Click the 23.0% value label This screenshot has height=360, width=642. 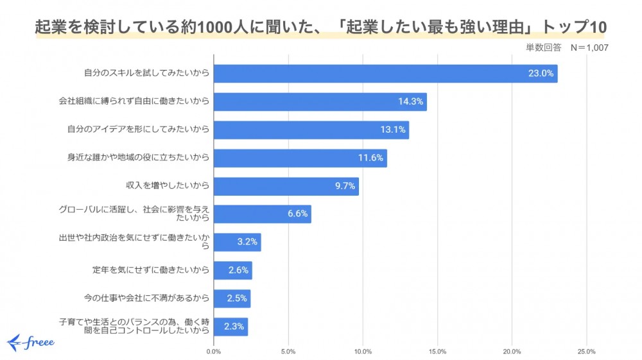coord(541,74)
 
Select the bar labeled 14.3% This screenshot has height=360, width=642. coord(320,101)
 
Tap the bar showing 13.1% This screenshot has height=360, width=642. coord(311,130)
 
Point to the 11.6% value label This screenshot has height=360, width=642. coord(370,158)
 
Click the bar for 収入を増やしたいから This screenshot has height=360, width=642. coord(286,186)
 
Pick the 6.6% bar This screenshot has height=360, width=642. coord(262,214)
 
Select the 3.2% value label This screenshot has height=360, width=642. coord(247,243)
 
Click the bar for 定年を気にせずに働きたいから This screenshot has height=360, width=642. coord(232,270)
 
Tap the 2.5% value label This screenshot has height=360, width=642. coord(238,298)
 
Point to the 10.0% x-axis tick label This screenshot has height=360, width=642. coord(363,352)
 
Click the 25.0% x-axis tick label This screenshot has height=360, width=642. coord(586,352)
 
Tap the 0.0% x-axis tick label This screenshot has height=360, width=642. coord(214,352)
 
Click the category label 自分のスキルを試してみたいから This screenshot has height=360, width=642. coord(147,74)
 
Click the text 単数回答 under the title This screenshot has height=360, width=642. coord(544,47)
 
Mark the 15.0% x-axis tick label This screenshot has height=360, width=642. coord(437,352)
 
